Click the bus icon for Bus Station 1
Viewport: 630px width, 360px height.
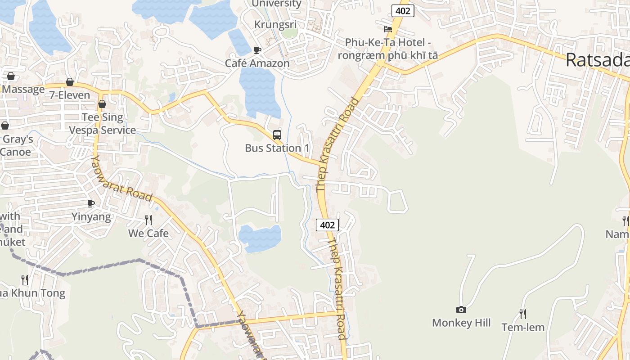click(277, 135)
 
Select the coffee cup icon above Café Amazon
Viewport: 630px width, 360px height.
click(257, 50)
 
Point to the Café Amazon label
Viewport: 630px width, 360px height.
click(257, 63)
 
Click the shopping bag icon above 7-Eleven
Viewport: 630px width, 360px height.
click(70, 82)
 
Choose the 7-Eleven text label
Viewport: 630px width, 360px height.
click(70, 95)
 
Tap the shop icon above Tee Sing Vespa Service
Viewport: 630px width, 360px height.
click(102, 104)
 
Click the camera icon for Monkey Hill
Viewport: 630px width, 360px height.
click(461, 310)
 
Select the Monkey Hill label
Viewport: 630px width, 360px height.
click(461, 323)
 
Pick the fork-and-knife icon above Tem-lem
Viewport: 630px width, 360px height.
click(523, 314)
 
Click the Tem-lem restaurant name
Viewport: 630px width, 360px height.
click(523, 327)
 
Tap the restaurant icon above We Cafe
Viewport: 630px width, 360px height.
click(148, 220)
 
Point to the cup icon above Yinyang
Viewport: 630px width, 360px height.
click(91, 204)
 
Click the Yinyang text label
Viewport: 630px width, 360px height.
click(91, 217)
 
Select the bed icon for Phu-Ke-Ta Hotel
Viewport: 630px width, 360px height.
click(387, 29)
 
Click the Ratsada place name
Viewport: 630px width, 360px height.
click(597, 60)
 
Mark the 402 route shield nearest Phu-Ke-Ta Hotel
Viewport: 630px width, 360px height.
click(402, 11)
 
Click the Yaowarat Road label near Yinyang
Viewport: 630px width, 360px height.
click(121, 178)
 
